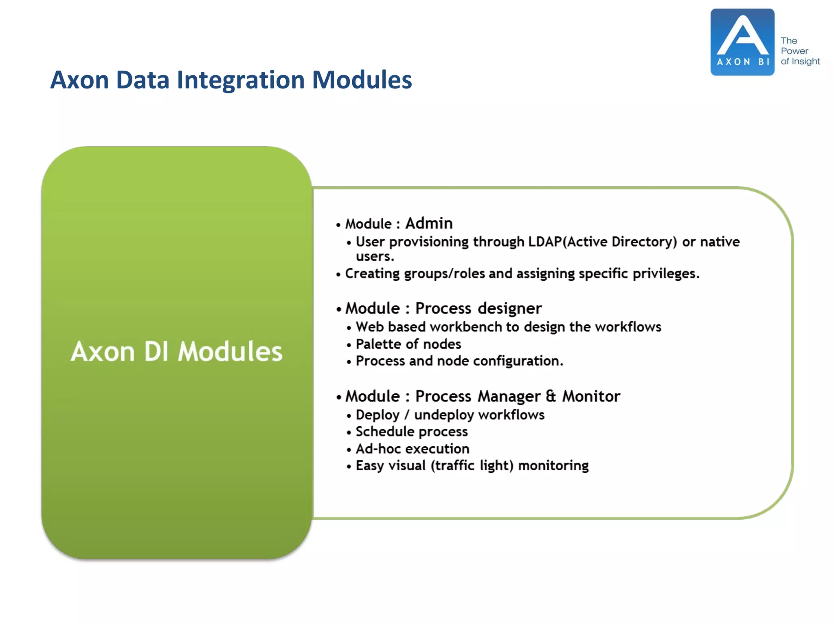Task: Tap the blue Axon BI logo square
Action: (742, 42)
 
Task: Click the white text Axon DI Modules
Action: (176, 351)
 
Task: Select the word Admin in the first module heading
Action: (429, 223)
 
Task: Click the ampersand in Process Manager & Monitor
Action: (551, 396)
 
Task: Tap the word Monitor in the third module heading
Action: (591, 396)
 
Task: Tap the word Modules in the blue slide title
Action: (362, 80)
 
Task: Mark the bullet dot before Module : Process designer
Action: (338, 309)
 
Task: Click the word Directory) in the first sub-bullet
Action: (644, 242)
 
